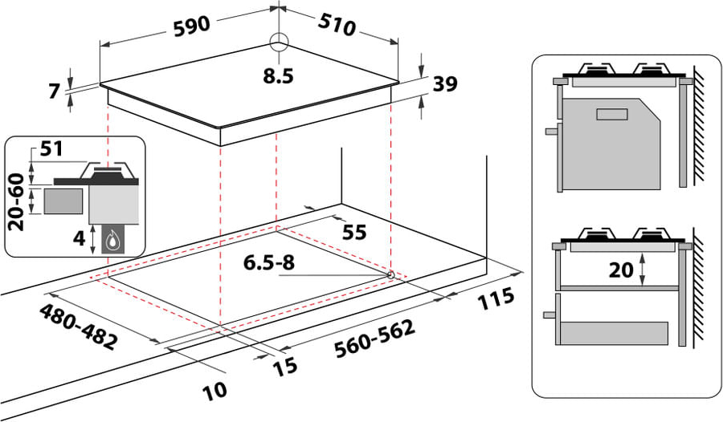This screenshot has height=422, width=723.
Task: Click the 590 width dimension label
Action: click(x=192, y=26)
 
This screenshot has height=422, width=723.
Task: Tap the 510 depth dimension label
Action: click(x=337, y=26)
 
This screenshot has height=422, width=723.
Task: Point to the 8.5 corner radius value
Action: click(x=279, y=76)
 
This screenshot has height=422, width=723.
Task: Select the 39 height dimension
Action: click(x=445, y=84)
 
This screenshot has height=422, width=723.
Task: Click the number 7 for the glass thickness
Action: click(x=55, y=91)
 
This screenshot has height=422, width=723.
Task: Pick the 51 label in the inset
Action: click(x=51, y=148)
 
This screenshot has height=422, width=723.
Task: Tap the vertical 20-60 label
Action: click(x=17, y=201)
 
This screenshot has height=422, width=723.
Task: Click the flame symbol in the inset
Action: click(x=112, y=241)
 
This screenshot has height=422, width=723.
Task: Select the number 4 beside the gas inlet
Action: click(x=80, y=238)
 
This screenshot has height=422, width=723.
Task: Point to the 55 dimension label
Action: click(x=354, y=232)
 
